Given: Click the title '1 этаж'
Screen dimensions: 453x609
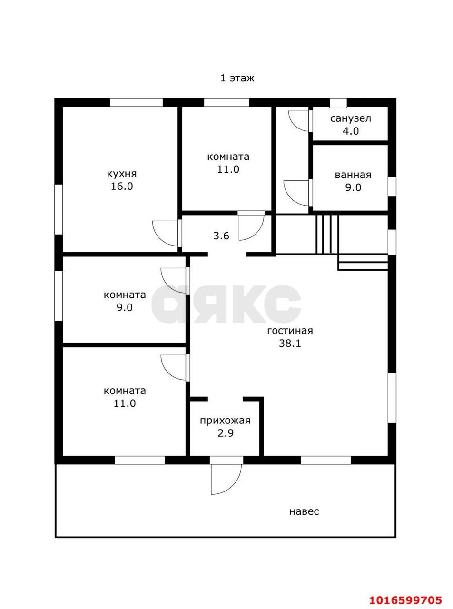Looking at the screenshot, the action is click(x=237, y=79).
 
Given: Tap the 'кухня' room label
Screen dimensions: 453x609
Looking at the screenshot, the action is click(x=122, y=174).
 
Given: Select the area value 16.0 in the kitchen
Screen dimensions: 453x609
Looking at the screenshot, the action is click(x=122, y=187).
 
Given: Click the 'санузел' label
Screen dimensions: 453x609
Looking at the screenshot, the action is click(x=351, y=118).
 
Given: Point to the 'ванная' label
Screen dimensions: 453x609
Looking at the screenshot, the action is click(x=353, y=175).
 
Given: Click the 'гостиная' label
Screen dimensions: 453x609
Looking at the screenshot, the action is click(x=290, y=331).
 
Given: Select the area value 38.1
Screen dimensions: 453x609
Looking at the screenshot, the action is click(x=290, y=343).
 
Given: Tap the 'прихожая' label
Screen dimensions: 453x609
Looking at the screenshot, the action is click(x=225, y=421).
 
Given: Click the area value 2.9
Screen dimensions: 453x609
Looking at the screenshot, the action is click(x=226, y=433).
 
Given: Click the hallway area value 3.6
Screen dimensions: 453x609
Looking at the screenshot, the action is click(x=221, y=236).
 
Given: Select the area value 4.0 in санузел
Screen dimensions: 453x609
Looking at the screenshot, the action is click(x=351, y=131).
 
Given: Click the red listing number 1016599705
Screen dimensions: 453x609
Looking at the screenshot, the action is click(x=405, y=592).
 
